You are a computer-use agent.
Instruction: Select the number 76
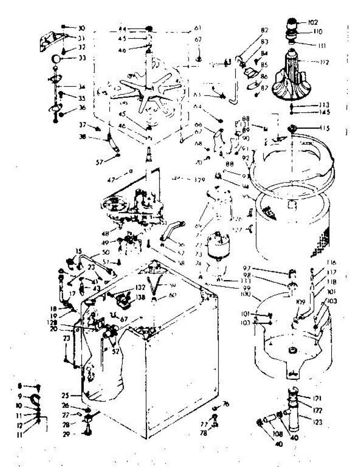pos(226,404)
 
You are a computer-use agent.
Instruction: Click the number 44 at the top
pos(123,28)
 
